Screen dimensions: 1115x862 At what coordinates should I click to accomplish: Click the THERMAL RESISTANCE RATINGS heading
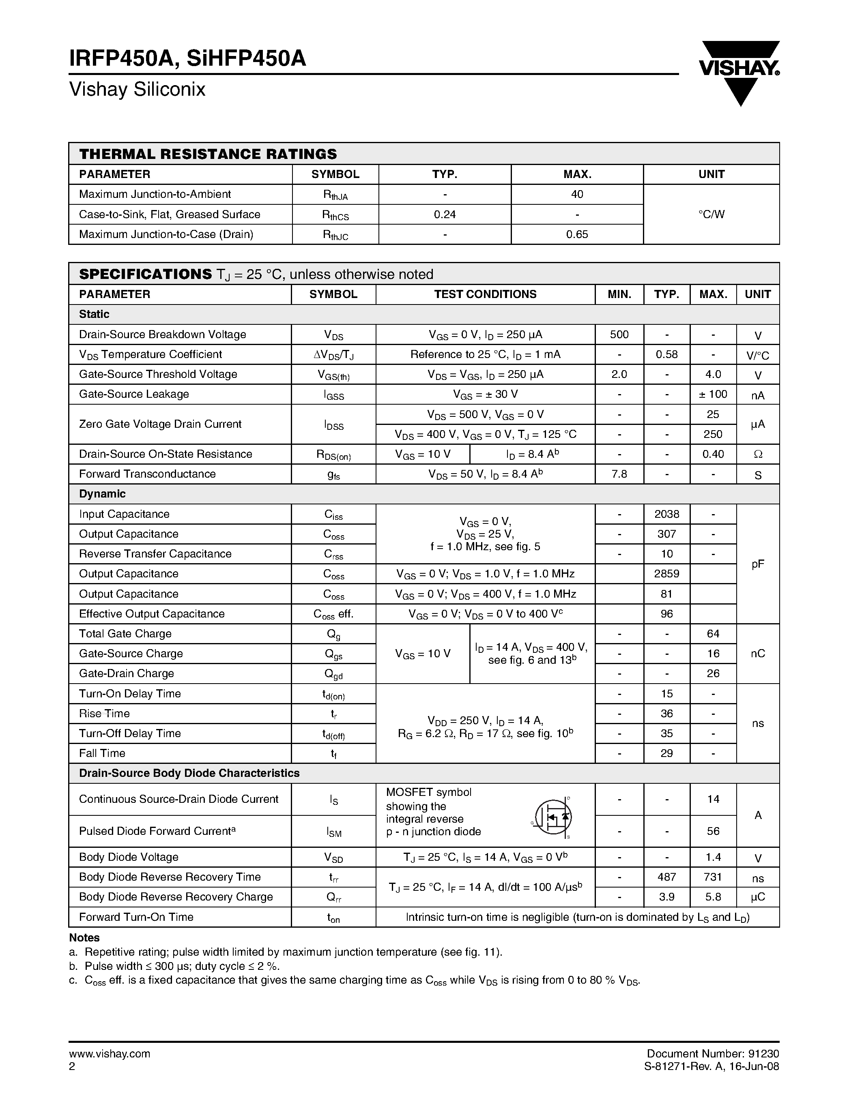point(208,154)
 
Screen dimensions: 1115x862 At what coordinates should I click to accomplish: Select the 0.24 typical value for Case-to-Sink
point(444,214)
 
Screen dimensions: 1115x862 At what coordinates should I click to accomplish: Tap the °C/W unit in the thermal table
point(711,214)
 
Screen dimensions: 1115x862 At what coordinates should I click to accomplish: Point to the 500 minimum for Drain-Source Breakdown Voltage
point(619,334)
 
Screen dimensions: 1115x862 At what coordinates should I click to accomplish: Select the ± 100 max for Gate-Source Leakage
point(712,394)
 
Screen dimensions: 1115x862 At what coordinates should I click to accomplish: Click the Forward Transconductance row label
point(147,474)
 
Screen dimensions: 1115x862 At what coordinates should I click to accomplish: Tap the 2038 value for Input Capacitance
point(666,514)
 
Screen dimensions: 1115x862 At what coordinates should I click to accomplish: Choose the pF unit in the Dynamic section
point(757,564)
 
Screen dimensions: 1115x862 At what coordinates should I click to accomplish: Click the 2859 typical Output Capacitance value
point(666,574)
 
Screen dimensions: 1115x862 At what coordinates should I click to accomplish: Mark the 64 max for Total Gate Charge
point(712,634)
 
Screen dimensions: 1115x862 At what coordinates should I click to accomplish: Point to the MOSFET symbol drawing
point(552,817)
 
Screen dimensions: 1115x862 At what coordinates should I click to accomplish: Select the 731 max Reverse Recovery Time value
point(712,877)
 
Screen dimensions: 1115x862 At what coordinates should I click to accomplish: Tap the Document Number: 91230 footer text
point(712,1053)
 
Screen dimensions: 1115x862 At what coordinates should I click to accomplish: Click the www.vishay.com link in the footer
point(109,1053)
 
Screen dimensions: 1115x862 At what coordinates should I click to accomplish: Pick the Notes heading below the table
point(84,937)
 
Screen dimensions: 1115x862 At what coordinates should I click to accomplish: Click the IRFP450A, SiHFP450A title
point(187,59)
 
